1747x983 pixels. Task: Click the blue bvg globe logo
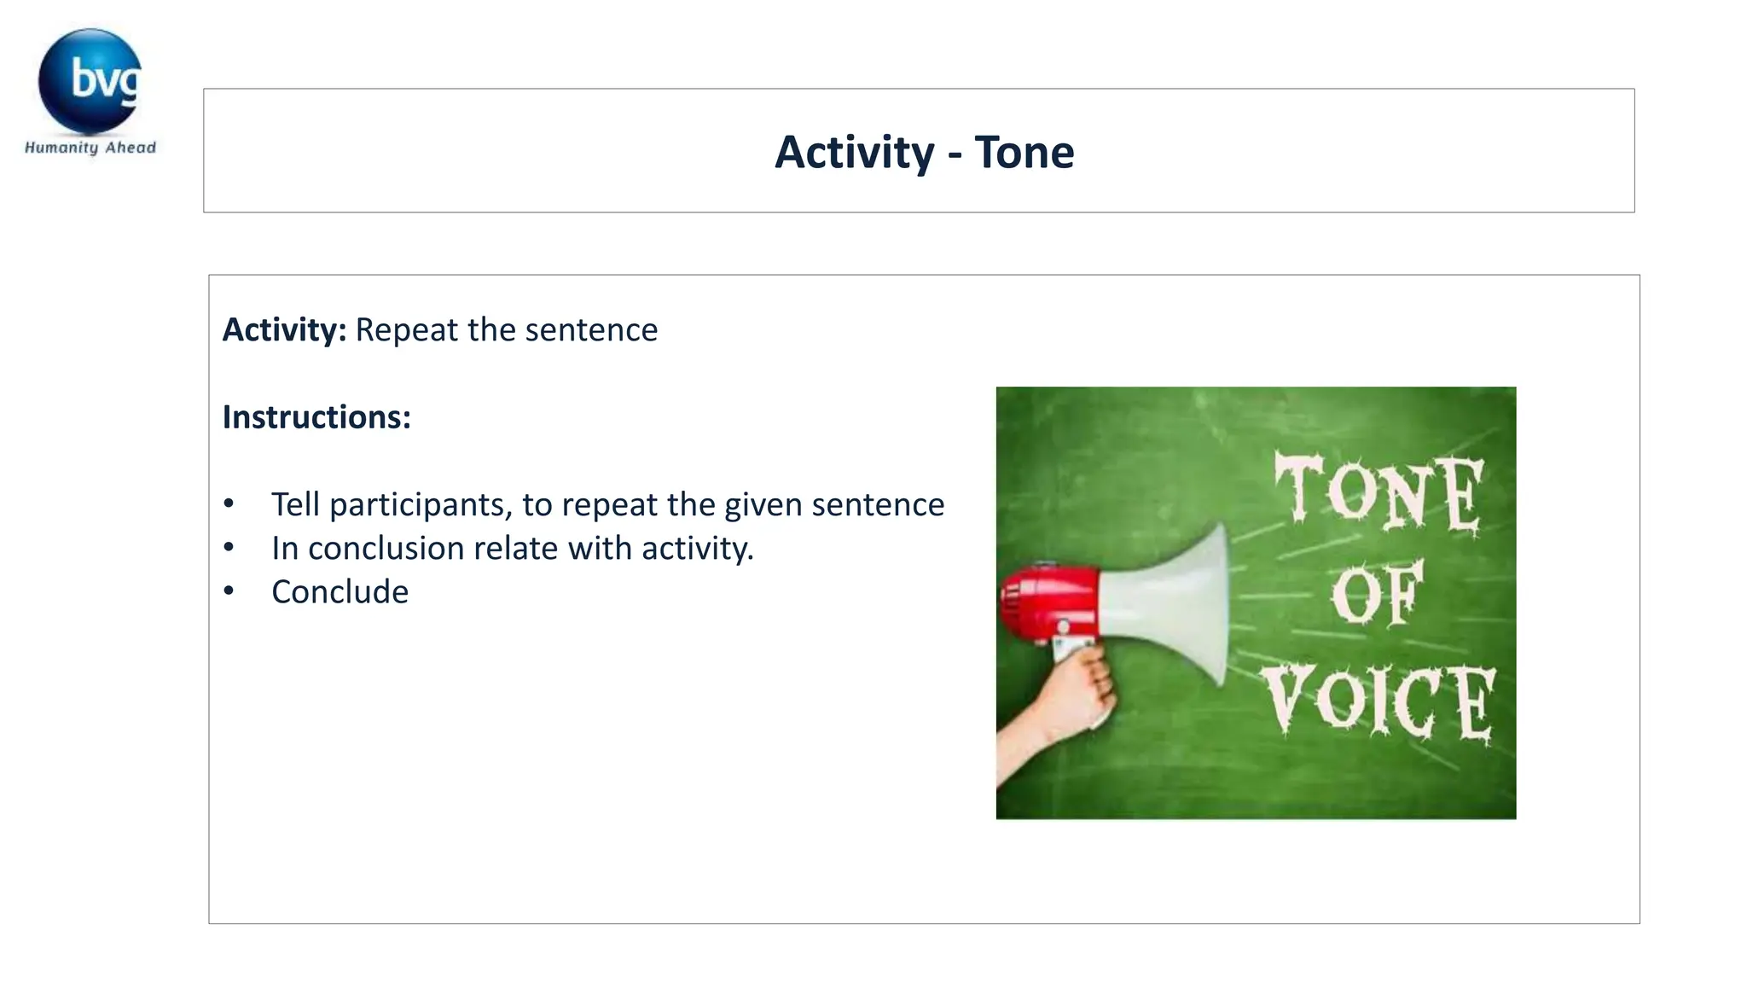(x=90, y=81)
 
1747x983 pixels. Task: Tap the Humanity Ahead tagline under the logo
(x=90, y=148)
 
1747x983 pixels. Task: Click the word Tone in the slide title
(x=1024, y=153)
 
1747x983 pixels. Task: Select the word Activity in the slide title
(x=855, y=153)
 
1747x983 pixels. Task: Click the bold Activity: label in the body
(x=284, y=330)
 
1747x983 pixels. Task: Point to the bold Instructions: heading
(x=316, y=417)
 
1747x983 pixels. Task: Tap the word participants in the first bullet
(x=421, y=505)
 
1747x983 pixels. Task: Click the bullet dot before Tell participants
(x=229, y=503)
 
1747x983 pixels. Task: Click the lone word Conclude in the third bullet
(x=340, y=592)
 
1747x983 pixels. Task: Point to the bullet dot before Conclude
(x=229, y=590)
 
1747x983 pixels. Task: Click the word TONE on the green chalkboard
(x=1378, y=493)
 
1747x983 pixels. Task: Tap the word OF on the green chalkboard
(x=1376, y=593)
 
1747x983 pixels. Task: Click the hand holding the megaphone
(x=1075, y=691)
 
